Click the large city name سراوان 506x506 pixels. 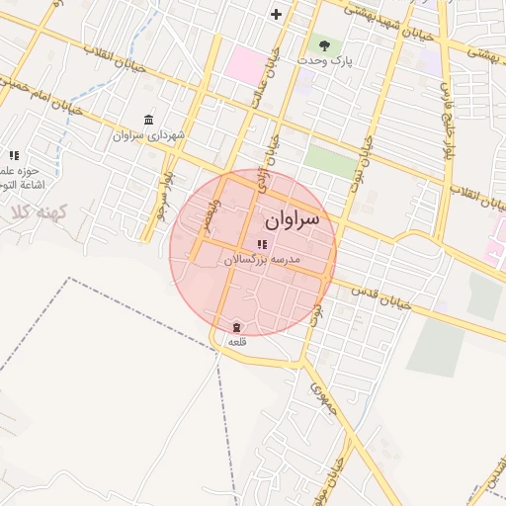coord(293,218)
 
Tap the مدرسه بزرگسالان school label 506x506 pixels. coord(262,259)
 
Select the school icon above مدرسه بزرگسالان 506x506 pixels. coord(262,244)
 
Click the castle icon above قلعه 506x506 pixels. coord(236,327)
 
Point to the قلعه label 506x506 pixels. coord(236,341)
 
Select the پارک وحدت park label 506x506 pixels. coord(328,61)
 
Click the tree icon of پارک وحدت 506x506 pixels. coord(322,44)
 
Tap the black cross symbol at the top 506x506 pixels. coord(276,14)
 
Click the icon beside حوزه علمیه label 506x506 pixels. coord(14,155)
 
